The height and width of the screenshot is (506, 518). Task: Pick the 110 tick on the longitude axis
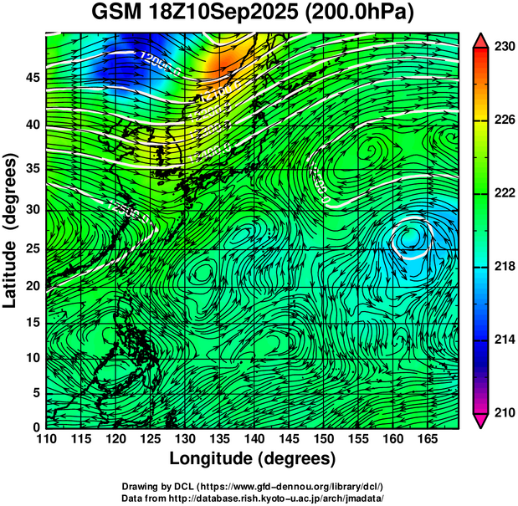point(46,438)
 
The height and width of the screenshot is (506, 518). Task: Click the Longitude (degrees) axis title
point(253,458)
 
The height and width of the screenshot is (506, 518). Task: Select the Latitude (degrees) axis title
point(11,230)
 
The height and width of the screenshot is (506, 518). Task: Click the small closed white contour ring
point(411,238)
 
